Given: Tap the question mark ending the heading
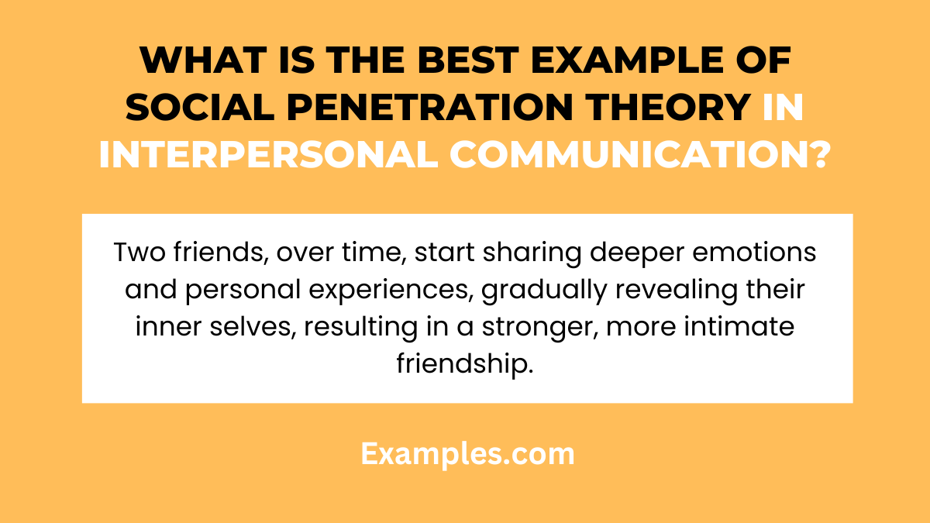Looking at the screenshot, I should tap(816, 156).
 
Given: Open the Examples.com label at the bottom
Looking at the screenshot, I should tap(467, 453).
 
